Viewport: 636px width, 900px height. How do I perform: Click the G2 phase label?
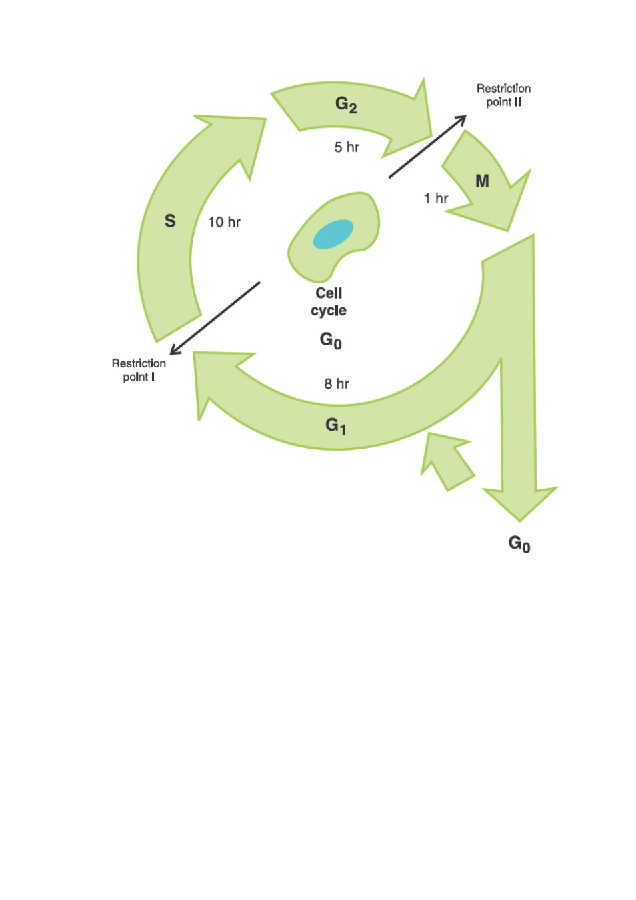(x=345, y=105)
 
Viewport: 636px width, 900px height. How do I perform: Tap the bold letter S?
(x=170, y=221)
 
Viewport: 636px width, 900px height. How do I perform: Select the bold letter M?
(x=482, y=181)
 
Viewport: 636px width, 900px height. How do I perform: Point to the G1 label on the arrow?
(x=335, y=426)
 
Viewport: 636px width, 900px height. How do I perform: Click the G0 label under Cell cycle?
(x=330, y=340)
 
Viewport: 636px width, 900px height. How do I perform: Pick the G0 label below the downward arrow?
(x=519, y=544)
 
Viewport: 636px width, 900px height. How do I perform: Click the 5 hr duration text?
(x=346, y=147)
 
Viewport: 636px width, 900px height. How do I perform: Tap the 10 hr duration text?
(x=224, y=222)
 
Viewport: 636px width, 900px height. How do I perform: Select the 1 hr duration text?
(x=436, y=198)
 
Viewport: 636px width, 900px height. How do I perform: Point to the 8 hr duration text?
(x=336, y=384)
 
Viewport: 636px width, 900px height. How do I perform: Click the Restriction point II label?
(x=503, y=95)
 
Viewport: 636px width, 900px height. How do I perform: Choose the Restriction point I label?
(x=139, y=370)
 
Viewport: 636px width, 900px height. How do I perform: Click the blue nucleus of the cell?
(x=333, y=234)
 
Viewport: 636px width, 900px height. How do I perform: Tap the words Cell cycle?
(x=328, y=302)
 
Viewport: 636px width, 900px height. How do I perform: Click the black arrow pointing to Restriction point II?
(x=427, y=147)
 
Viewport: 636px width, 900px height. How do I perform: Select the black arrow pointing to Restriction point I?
(x=215, y=318)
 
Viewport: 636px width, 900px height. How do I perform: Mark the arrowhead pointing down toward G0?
(x=520, y=503)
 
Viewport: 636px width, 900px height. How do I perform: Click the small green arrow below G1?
(x=447, y=461)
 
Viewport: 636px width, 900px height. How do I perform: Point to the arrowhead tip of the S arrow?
(x=265, y=119)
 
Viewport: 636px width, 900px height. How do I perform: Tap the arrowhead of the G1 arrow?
(x=194, y=353)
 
